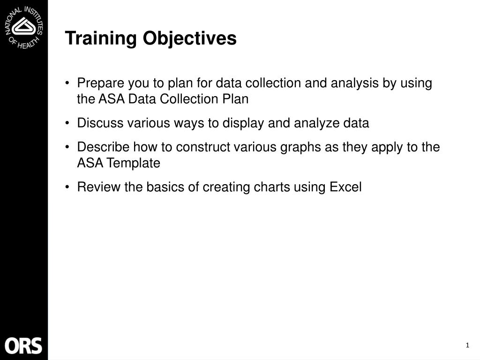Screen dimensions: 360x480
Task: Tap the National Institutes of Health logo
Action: (x=24, y=27)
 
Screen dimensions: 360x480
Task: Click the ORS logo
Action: (x=23, y=346)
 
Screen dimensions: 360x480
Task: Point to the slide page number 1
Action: (x=467, y=346)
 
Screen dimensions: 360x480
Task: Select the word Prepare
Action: (x=97, y=83)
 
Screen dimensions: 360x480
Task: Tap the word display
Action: (x=243, y=123)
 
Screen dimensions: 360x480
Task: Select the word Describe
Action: (x=103, y=147)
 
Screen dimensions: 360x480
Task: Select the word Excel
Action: (x=345, y=187)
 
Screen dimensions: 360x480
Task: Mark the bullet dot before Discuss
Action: (x=68, y=123)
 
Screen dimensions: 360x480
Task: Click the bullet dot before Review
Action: (x=68, y=187)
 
